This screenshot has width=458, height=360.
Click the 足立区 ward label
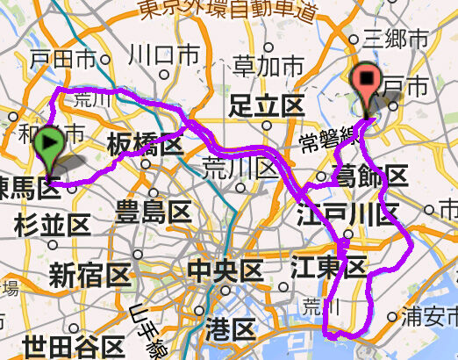pos(265,106)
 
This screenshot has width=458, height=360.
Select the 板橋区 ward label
pos(145,144)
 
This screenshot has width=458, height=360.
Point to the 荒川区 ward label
pos(234,165)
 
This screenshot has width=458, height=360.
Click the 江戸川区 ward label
pos(347,212)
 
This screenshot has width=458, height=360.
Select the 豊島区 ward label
pos(154,212)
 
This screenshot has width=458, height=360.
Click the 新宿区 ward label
pos(89,276)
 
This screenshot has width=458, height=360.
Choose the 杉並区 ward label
pos(52,225)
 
